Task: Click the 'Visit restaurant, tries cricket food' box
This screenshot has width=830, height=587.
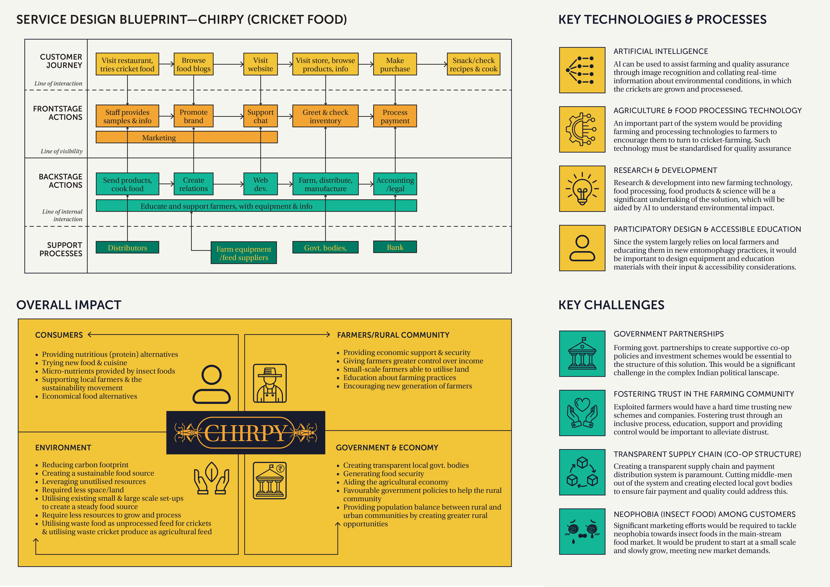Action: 127,64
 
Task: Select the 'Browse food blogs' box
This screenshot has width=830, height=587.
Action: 193,64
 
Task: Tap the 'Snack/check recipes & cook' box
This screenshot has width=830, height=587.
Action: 474,64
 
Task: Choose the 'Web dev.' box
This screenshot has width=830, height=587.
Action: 260,184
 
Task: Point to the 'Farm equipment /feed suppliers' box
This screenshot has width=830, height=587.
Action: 244,253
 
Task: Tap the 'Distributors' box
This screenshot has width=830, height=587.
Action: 127,248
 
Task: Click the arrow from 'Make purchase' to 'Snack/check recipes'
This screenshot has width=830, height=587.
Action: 432,64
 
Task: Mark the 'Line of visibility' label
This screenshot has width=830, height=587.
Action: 61,151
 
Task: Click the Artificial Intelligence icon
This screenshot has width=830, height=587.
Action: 582,70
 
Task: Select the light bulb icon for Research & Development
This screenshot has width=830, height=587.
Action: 582,189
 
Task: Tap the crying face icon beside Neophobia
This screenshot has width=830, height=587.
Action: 582,531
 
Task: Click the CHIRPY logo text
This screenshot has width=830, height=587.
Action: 246,433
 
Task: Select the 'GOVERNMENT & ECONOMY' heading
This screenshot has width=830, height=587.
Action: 387,447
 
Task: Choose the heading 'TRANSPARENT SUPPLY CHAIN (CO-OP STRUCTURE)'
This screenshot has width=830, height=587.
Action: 707,454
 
